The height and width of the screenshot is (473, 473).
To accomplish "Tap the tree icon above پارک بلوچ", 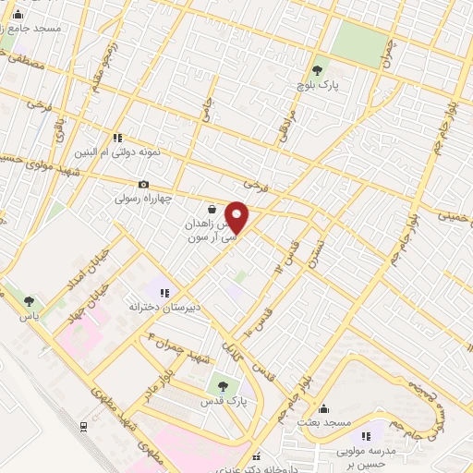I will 319,69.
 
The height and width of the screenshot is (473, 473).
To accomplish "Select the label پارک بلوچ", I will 318,85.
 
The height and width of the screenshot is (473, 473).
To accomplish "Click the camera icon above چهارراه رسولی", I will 143,185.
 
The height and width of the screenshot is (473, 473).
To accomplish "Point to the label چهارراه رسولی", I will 144,199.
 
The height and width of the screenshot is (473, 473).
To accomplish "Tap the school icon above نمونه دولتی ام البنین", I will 117,138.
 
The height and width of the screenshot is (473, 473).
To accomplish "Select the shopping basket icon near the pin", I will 212,210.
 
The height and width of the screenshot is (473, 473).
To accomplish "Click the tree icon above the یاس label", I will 30,300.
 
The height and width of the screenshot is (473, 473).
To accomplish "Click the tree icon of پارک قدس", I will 221,385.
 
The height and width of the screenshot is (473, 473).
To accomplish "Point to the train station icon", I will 84,426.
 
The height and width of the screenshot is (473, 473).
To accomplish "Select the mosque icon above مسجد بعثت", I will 323,409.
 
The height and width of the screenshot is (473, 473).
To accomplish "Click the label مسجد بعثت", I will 323,422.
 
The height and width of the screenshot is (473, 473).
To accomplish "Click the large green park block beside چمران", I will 355,42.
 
